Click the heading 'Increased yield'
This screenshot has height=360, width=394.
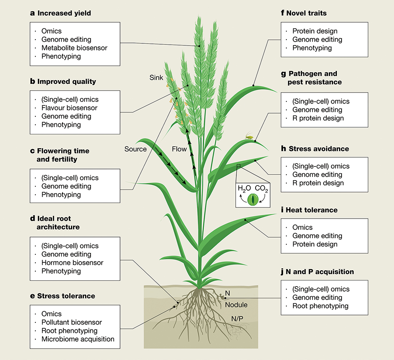(64, 13)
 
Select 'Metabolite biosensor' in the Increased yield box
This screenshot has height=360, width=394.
(74, 48)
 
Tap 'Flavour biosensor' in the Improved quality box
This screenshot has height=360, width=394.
(69, 108)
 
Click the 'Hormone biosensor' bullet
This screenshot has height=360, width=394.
(72, 263)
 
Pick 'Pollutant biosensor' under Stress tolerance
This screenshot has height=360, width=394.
(71, 322)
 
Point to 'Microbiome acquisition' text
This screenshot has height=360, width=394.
(78, 339)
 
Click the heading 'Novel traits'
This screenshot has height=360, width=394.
(306, 13)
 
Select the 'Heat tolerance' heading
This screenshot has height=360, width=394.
(311, 210)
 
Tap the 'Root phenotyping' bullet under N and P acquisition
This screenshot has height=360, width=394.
(320, 306)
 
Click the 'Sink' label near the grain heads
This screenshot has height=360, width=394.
(156, 78)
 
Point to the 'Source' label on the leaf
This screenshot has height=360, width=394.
(136, 149)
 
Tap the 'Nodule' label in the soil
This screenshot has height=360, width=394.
(236, 305)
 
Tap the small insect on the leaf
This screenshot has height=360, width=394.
(249, 135)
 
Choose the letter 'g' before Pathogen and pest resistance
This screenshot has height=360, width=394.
(284, 74)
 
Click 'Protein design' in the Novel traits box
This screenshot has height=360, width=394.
(315, 31)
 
